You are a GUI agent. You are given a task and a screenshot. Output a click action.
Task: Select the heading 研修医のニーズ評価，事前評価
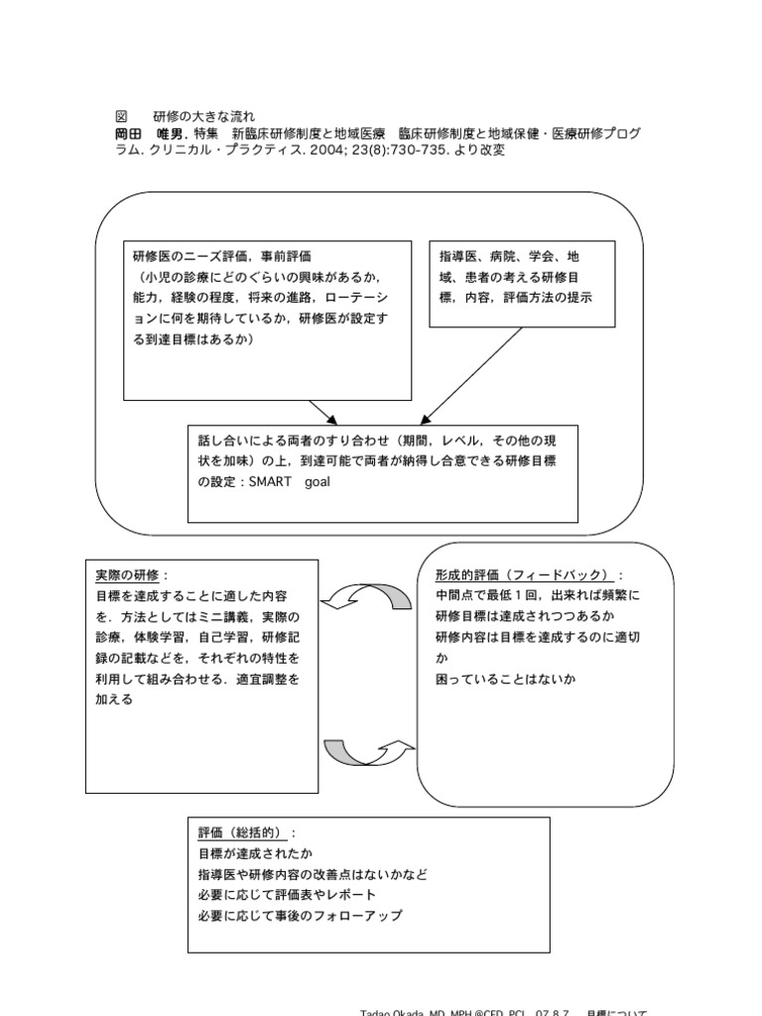click(x=213, y=257)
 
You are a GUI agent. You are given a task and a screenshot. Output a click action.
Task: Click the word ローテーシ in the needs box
click(x=356, y=298)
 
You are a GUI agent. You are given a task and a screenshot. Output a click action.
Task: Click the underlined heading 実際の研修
click(x=131, y=575)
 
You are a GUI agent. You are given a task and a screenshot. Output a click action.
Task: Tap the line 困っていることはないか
click(x=505, y=680)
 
